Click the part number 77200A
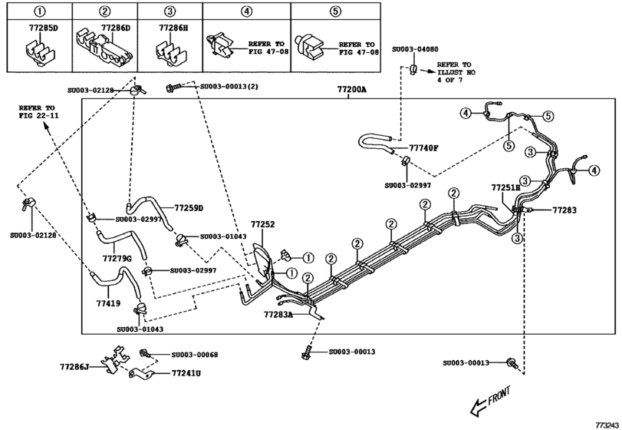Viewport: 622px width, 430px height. pyautogui.click(x=351, y=90)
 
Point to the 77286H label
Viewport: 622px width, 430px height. pyautogui.click(x=173, y=28)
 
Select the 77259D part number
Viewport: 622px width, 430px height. pyautogui.click(x=188, y=207)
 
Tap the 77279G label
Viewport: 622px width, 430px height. pyautogui.click(x=117, y=258)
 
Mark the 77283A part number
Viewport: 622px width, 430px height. pyautogui.click(x=278, y=315)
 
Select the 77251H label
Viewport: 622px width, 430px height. pyautogui.click(x=505, y=187)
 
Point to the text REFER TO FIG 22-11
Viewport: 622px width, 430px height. pyautogui.click(x=39, y=111)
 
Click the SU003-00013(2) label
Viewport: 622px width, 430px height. pyautogui.click(x=229, y=87)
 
